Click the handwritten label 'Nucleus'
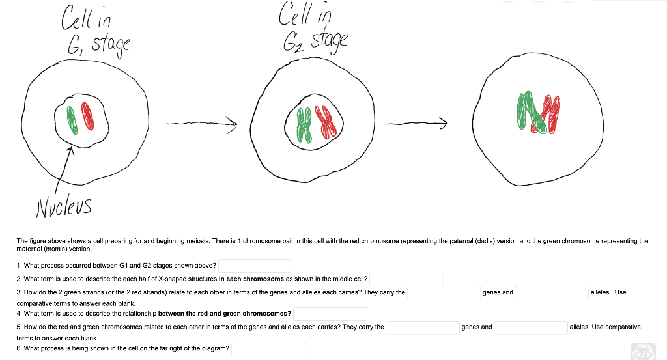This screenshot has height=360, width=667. [63, 206]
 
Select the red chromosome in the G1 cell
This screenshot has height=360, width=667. [91, 118]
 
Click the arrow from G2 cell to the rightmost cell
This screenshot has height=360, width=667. [417, 122]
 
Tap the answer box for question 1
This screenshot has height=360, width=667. [255, 266]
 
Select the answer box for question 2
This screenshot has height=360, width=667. [406, 279]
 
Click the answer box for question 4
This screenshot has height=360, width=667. [330, 314]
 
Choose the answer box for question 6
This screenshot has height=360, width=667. [268, 348]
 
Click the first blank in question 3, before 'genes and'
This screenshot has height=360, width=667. [444, 292]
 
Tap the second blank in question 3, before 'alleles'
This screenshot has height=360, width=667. [552, 292]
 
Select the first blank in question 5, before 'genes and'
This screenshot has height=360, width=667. [422, 327]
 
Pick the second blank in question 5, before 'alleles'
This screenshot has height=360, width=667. [530, 327]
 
